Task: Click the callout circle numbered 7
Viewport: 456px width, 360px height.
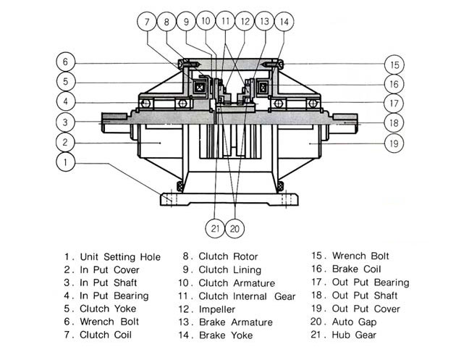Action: point(147,22)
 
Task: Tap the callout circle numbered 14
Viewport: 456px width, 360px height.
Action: point(284,22)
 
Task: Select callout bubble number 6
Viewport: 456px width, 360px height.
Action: point(65,62)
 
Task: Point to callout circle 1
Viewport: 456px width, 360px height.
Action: point(65,162)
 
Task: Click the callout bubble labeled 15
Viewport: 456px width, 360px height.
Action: point(394,64)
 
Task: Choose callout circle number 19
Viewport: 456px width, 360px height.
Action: point(394,143)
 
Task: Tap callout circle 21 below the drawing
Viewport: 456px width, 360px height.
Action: point(215,228)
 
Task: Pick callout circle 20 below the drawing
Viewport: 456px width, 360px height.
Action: point(235,228)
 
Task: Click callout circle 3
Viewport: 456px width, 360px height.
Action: point(65,122)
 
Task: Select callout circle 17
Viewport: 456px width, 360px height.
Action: point(394,104)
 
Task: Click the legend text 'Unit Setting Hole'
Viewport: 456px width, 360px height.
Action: point(120,257)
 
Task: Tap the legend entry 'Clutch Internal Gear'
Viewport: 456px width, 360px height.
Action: point(247,296)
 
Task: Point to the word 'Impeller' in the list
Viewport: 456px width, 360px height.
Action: point(217,309)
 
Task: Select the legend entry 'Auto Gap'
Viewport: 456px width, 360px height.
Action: point(354,322)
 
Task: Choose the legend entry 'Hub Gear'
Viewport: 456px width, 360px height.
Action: point(354,335)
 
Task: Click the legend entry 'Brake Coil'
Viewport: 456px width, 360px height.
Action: point(356,269)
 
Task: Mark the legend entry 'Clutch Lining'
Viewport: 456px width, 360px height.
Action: point(229,270)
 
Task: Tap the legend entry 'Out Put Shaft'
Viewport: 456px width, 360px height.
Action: point(365,296)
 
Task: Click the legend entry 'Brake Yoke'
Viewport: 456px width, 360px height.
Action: point(226,335)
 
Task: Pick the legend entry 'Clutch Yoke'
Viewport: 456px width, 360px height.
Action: point(108,309)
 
